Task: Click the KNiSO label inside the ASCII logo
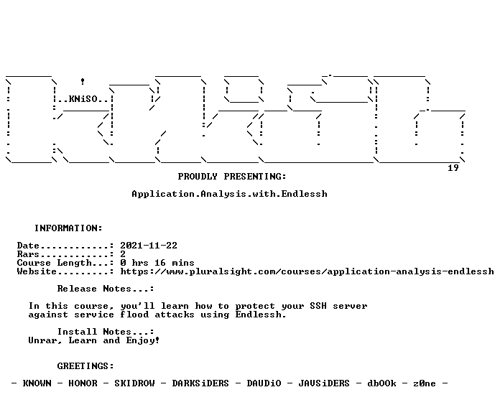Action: tap(83, 99)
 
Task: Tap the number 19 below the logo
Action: tap(453, 168)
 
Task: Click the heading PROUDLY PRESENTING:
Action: tap(232, 177)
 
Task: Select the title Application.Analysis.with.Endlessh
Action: tap(229, 194)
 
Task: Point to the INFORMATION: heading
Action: tap(68, 228)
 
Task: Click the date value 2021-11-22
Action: tap(149, 246)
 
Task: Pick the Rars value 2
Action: tap(123, 254)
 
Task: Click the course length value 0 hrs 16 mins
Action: tap(157, 263)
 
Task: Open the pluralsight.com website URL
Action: tap(307, 271)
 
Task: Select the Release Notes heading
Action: tap(106, 289)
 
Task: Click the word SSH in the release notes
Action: tap(318, 306)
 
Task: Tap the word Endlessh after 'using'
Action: tap(261, 315)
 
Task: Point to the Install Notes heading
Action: tap(106, 332)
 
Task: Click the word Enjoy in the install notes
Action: tap(143, 340)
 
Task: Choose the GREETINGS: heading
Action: tap(85, 366)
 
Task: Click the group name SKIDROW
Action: tap(134, 383)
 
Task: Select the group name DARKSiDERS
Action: tap(200, 383)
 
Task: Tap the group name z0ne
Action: tap(425, 383)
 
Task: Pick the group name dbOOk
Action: tap(381, 383)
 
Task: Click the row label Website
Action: tap(37, 271)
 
